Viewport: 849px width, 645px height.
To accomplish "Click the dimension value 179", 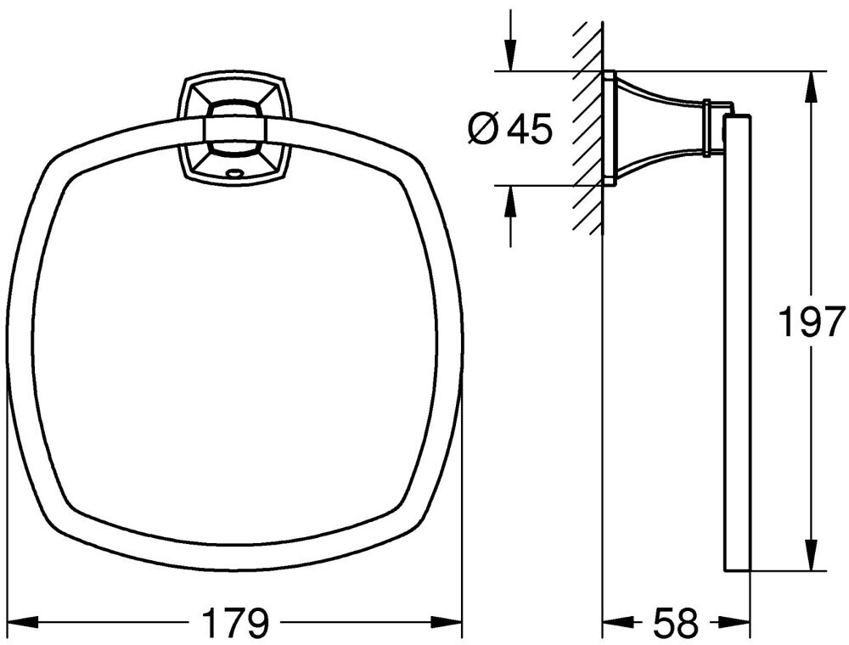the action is tap(236, 623).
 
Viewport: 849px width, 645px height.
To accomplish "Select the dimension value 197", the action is tap(811, 322).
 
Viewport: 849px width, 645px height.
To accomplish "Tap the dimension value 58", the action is tap(675, 623).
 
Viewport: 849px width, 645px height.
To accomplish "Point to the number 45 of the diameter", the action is tap(529, 129).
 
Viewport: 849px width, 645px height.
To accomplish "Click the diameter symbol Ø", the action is tap(482, 130).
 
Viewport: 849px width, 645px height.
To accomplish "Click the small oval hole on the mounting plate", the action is tap(235, 174).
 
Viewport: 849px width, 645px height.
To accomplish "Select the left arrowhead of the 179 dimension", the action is tap(23, 620).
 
